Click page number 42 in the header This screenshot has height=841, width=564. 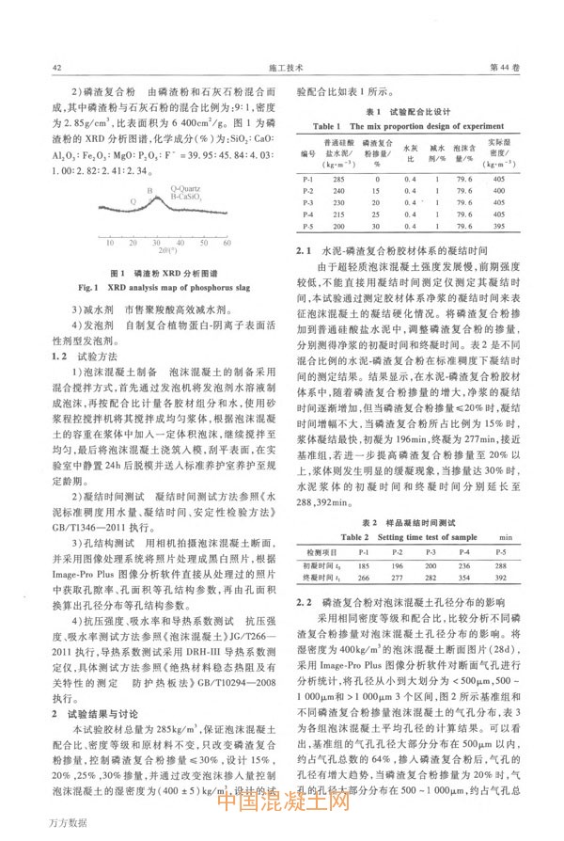(56, 67)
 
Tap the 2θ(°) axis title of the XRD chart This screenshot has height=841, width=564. (172, 253)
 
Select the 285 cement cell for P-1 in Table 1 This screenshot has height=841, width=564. (339, 178)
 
